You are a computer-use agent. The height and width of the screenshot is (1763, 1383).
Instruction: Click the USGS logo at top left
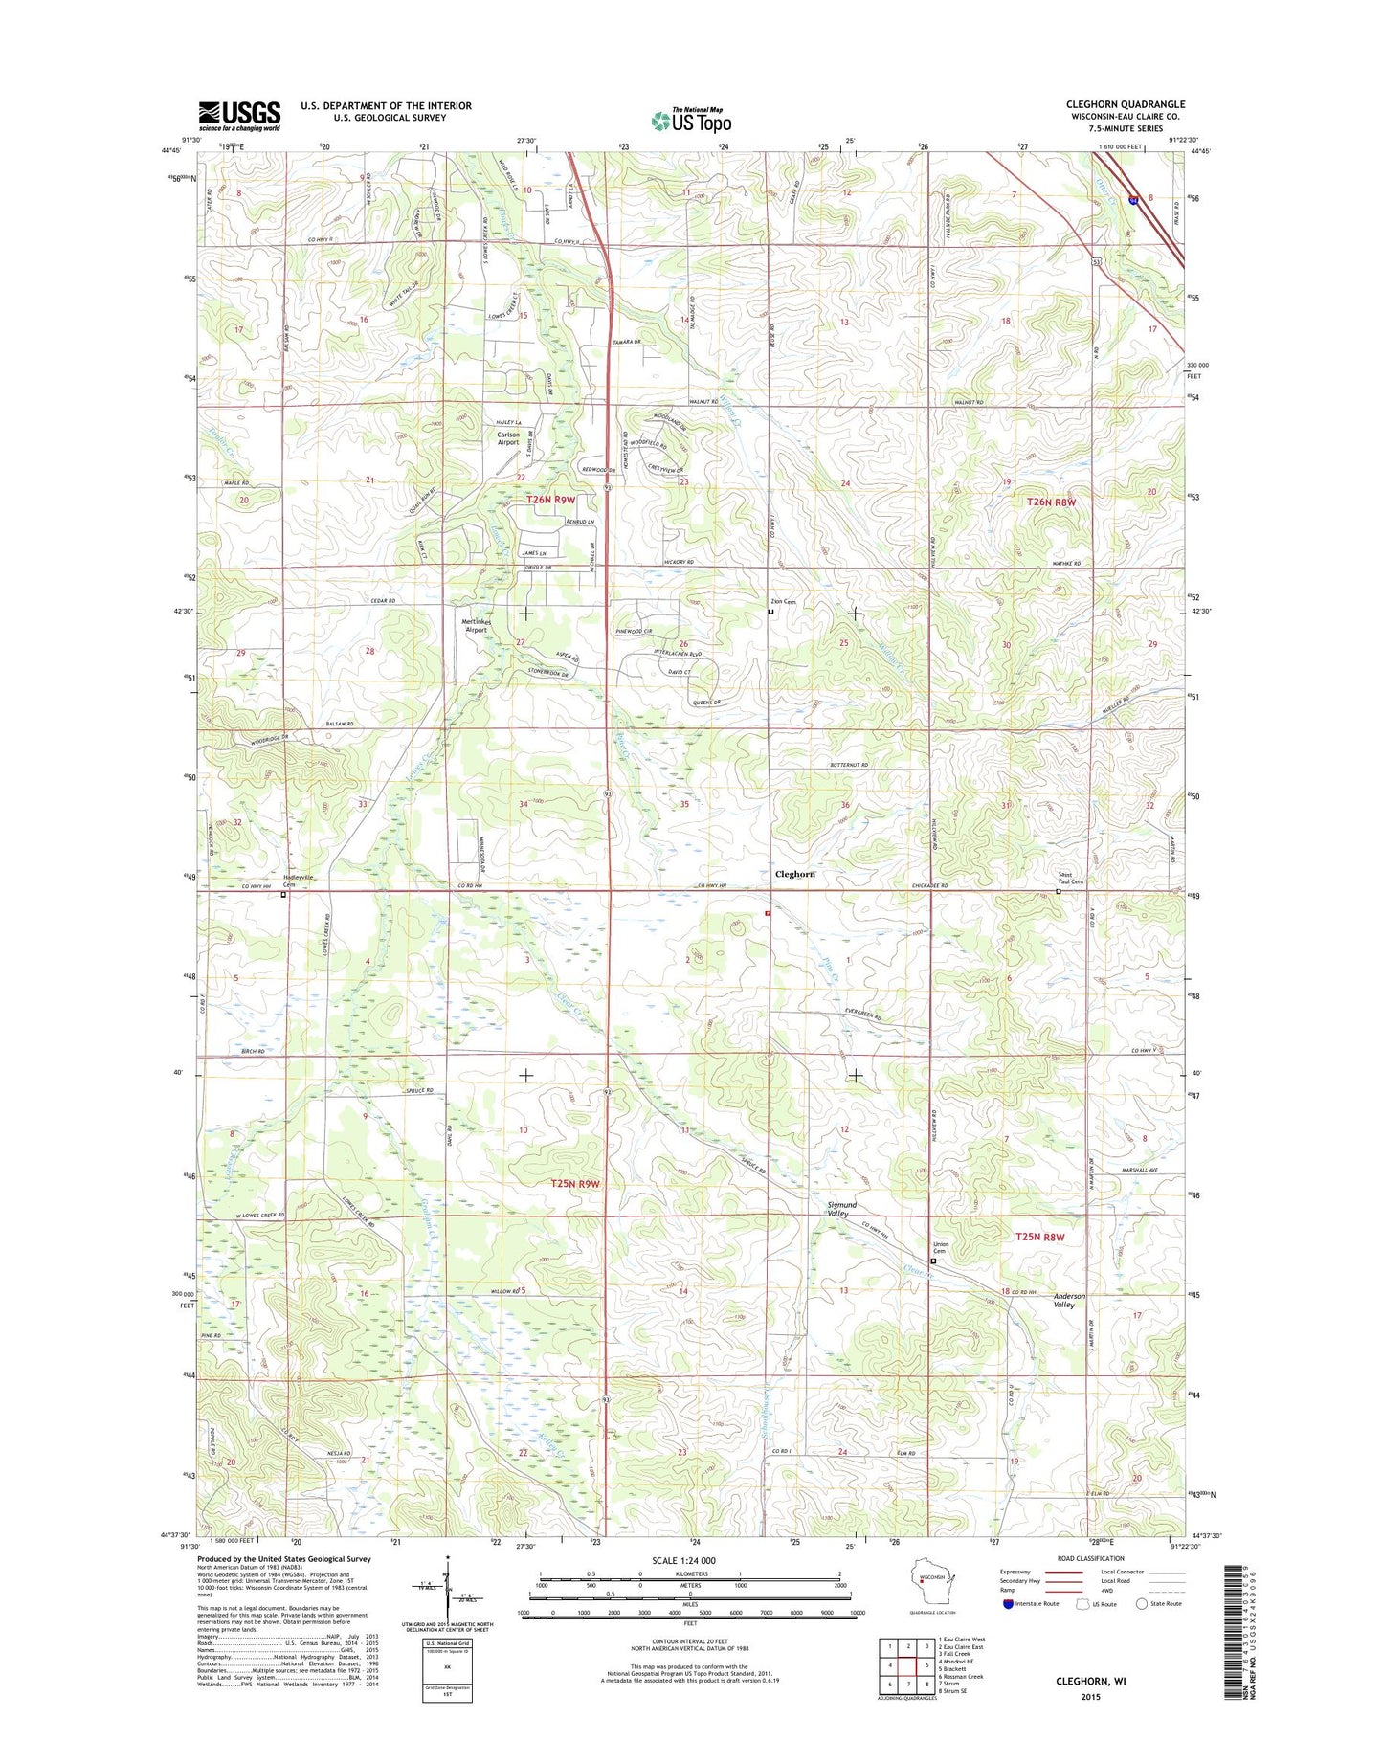(239, 115)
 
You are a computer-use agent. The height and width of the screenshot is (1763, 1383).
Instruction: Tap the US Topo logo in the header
(691, 121)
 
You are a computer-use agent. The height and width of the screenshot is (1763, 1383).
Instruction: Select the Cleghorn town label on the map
(794, 874)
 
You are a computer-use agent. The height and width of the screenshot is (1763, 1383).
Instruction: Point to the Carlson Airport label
(507, 438)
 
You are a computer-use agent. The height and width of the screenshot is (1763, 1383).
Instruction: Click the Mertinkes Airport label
(476, 626)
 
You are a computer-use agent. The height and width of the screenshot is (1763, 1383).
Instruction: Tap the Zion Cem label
(784, 602)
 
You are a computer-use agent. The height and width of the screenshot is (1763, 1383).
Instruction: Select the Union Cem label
(940, 1248)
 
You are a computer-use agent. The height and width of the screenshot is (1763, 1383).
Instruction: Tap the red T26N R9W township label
(550, 500)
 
